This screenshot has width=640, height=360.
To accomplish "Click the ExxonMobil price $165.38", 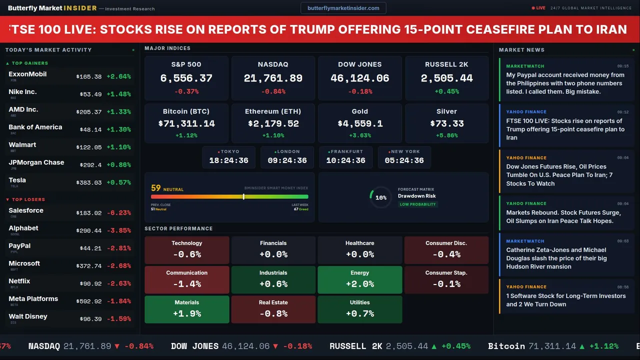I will click(x=89, y=77).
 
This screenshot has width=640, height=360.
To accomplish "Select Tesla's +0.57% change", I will click(x=118, y=183).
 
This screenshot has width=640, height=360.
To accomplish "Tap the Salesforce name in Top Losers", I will click(x=26, y=210).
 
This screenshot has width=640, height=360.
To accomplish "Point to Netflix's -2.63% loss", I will click(x=118, y=284).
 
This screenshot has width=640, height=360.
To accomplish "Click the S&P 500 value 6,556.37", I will click(x=186, y=78).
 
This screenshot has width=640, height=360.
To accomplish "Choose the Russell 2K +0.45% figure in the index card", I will click(x=446, y=91).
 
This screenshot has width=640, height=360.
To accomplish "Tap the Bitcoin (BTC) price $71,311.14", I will click(x=186, y=123).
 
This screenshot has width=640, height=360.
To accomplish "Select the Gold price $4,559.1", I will click(x=359, y=123).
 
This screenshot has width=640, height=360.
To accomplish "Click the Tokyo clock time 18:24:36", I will click(x=228, y=160).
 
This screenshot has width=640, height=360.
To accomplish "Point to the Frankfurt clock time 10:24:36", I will click(x=345, y=160).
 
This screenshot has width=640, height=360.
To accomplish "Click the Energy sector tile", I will click(x=359, y=279).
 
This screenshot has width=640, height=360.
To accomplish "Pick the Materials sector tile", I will click(x=186, y=309).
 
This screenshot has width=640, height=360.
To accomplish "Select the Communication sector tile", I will click(x=186, y=279).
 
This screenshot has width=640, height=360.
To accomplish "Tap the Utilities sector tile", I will click(x=359, y=309).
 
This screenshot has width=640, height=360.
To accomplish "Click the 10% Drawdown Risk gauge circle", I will click(x=380, y=197).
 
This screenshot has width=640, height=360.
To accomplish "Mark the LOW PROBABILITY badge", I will click(x=417, y=204).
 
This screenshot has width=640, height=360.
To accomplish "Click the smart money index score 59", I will click(x=156, y=188).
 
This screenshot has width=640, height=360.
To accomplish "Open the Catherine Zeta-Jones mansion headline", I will click(x=556, y=258).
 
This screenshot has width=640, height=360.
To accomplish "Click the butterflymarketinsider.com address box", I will click(x=343, y=8).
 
